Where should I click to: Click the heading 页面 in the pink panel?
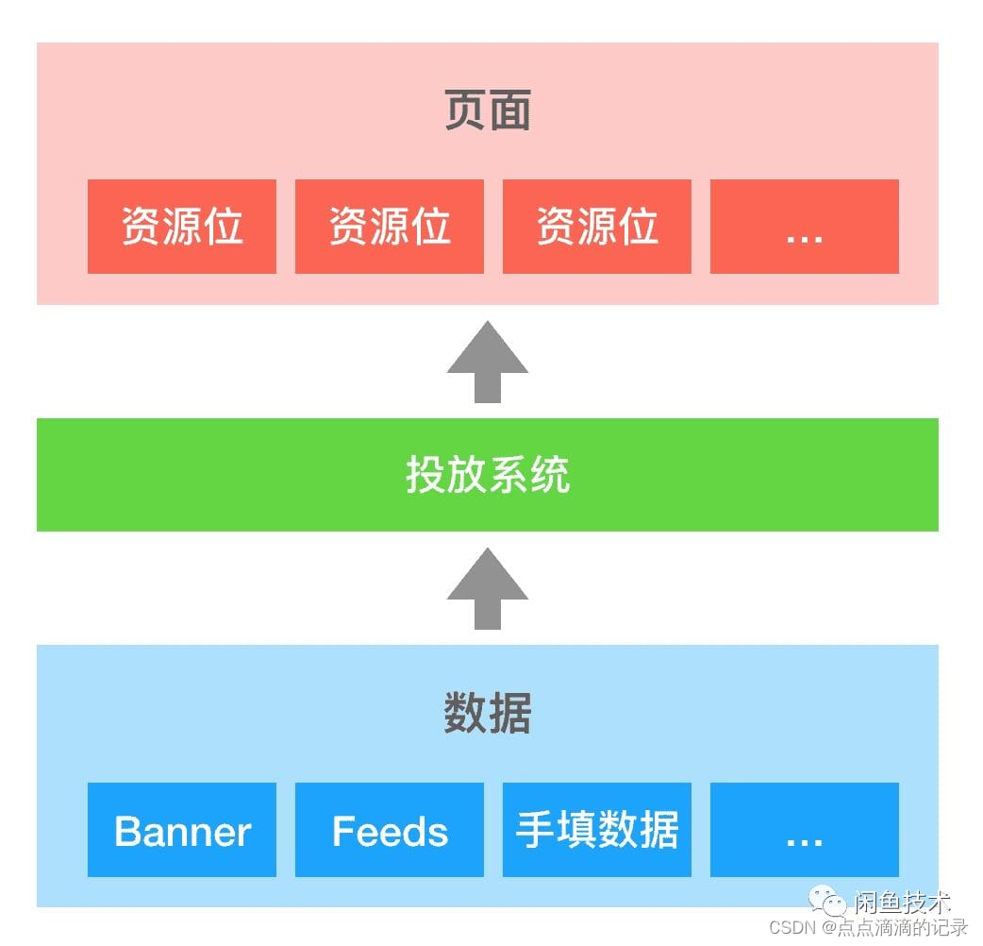(x=488, y=111)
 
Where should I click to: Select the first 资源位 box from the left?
(x=182, y=227)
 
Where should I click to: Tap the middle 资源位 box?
(x=390, y=227)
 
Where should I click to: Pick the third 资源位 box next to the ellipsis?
(x=597, y=227)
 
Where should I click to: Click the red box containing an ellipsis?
(x=805, y=227)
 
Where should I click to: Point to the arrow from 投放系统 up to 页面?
(x=488, y=362)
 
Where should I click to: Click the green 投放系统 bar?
(x=488, y=474)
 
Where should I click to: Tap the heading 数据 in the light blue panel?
(x=488, y=714)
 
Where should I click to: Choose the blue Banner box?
(x=182, y=830)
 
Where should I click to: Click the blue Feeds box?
(x=390, y=830)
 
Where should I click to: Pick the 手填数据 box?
(x=597, y=830)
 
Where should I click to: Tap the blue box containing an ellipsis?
(x=805, y=830)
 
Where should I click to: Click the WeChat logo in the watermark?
(x=834, y=904)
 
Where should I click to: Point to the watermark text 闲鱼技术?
(x=903, y=903)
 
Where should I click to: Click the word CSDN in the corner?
(x=791, y=928)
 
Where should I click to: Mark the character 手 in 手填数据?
(x=535, y=831)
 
